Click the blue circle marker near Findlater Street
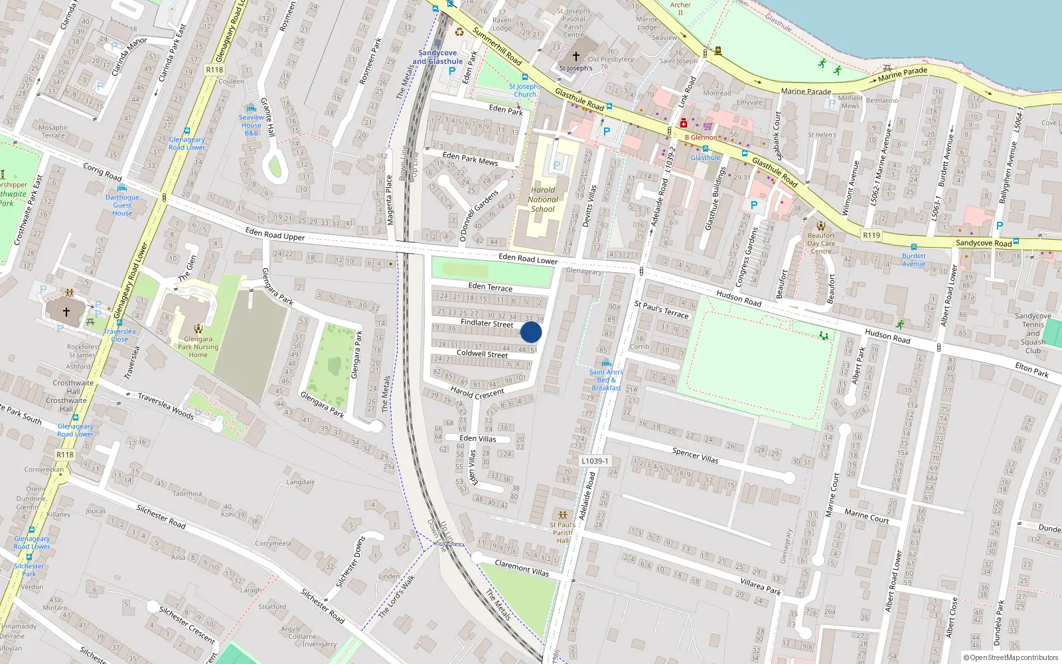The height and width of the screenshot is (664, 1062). point(531,332)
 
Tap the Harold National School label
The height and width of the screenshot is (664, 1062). point(543,199)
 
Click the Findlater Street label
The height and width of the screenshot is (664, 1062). point(487,323)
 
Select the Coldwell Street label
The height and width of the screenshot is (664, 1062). point(482,354)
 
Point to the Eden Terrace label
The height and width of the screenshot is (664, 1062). point(491,287)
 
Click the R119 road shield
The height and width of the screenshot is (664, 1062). point(872,235)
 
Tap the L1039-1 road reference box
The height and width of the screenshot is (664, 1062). point(594,461)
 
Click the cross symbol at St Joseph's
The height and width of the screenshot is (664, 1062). point(575,56)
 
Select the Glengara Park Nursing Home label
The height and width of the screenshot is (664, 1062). point(198,347)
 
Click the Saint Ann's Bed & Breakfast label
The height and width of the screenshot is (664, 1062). point(606,380)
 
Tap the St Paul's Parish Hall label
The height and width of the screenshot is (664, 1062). point(562,533)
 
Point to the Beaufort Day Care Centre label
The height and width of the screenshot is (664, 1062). point(821,243)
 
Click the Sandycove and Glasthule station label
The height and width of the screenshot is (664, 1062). point(437,57)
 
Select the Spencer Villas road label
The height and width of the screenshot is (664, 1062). point(695,455)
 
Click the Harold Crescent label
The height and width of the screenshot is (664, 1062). point(477,393)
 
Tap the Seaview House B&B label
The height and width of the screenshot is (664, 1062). point(251,125)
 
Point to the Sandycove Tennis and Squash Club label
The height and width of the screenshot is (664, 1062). point(1033,333)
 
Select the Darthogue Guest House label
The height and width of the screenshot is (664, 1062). point(122,205)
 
